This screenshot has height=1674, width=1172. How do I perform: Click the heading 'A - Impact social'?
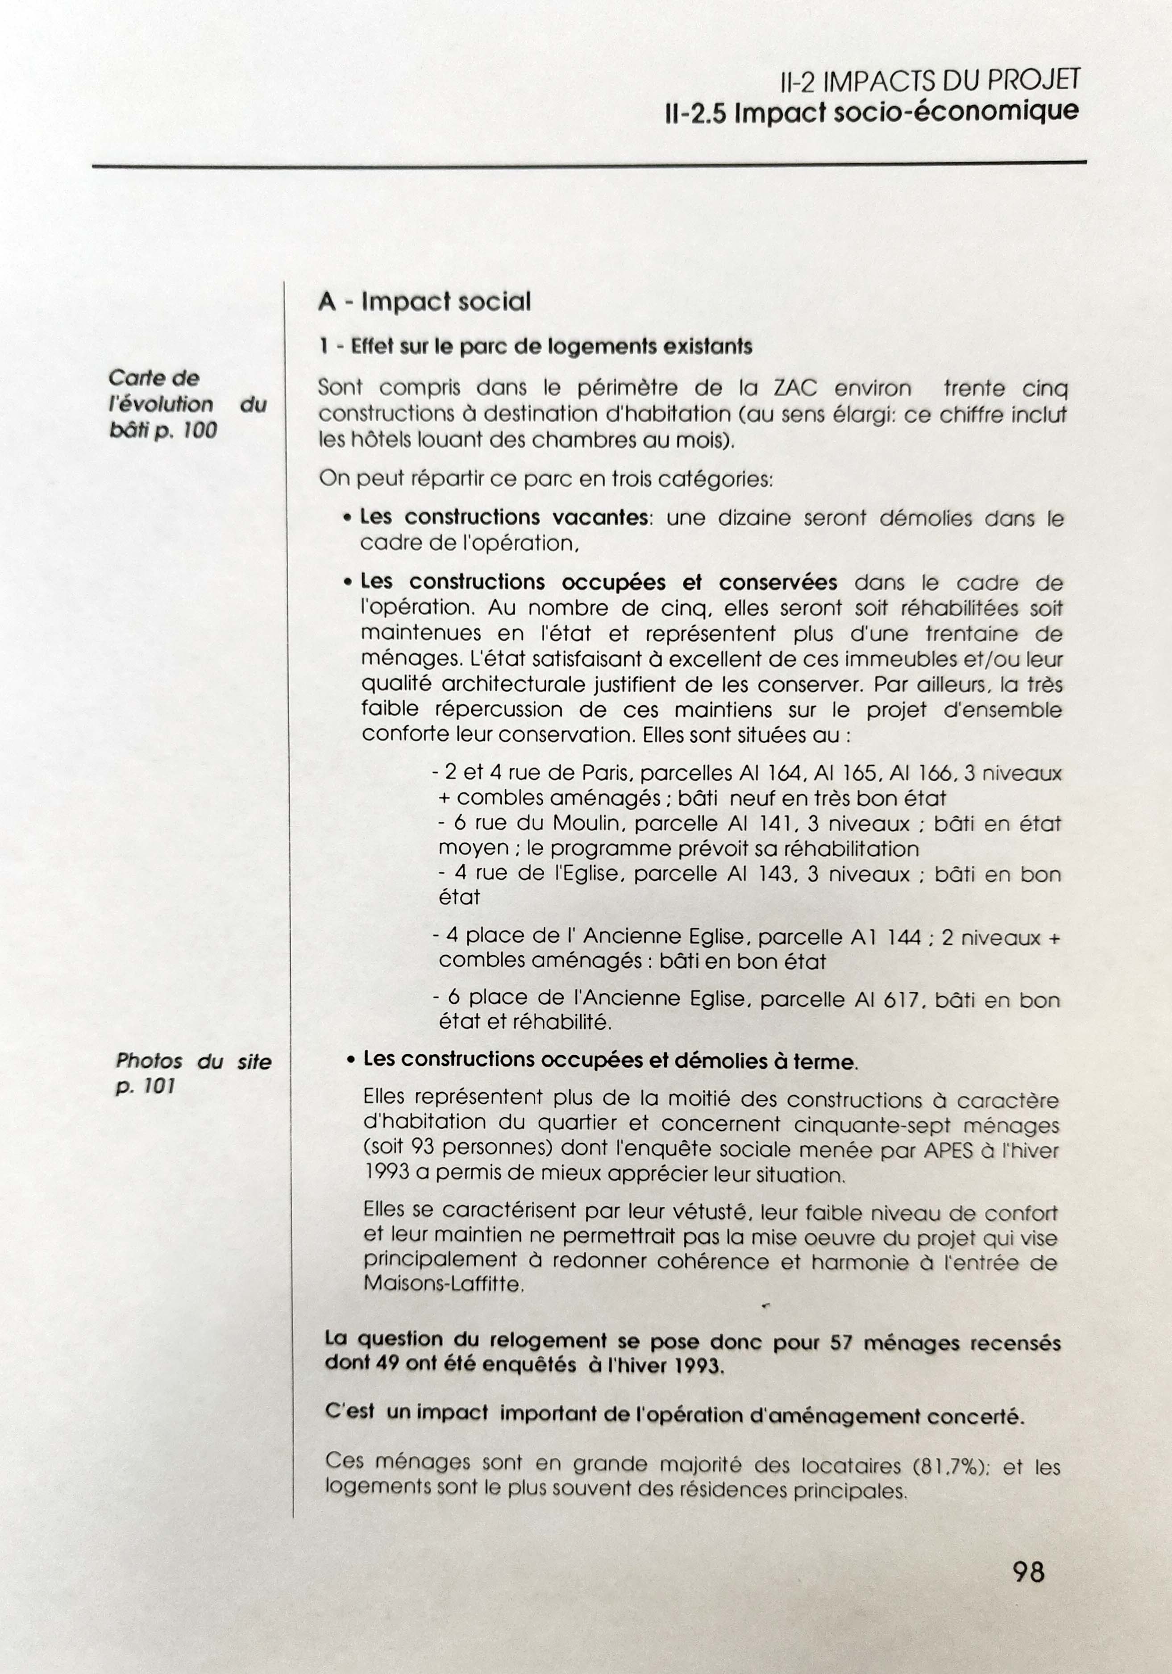click(424, 301)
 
